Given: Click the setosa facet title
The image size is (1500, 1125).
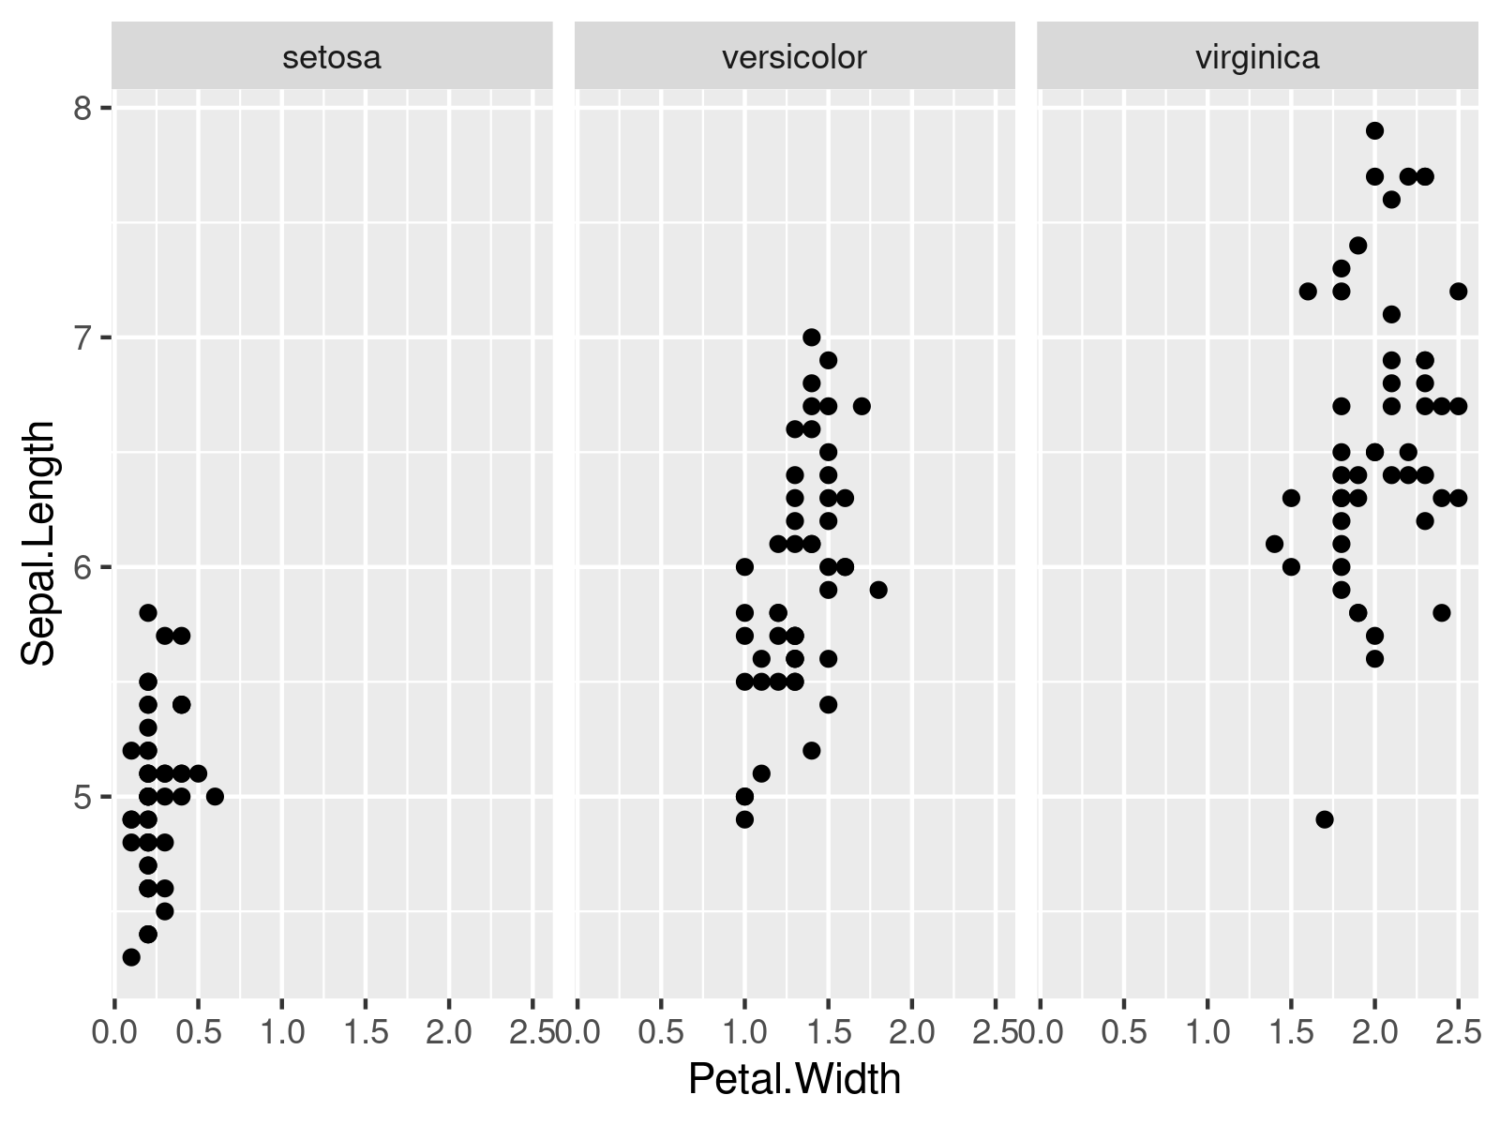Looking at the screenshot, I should [x=332, y=58].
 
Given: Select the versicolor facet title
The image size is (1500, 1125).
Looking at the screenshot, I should [x=794, y=58].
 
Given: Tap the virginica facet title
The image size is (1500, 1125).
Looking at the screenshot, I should [x=1257, y=58].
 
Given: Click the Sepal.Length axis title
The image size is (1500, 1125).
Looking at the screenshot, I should [x=39, y=544].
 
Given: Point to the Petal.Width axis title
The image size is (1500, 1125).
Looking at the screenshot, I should [x=794, y=1079].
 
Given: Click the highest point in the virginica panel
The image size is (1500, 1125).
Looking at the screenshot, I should [x=1374, y=130].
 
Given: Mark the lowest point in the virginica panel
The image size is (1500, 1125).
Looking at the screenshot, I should [x=1325, y=819].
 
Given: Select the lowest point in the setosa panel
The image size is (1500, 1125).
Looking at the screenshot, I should [x=131, y=957].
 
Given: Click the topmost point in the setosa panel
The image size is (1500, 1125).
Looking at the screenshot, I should [x=148, y=612].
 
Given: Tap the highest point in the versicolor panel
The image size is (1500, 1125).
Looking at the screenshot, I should [x=812, y=337].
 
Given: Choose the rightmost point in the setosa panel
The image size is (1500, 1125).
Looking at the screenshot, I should [x=215, y=797].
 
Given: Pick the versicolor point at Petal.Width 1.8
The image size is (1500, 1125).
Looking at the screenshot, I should [x=878, y=590].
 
